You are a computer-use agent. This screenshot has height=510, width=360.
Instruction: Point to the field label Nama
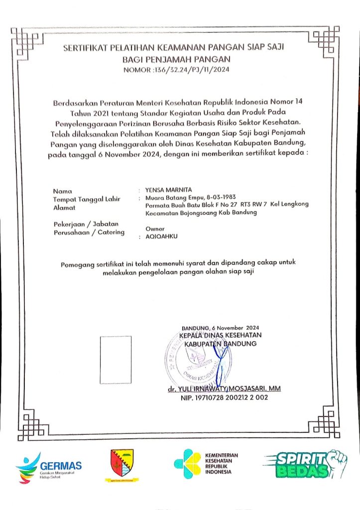click(62, 191)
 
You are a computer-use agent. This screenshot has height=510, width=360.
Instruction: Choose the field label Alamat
click(64, 207)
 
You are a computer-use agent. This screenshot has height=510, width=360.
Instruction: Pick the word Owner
click(154, 229)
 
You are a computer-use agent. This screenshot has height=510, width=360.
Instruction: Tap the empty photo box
click(116, 360)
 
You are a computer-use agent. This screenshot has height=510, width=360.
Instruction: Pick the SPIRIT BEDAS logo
click(304, 464)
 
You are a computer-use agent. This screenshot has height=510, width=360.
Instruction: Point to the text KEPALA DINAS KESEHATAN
click(220, 336)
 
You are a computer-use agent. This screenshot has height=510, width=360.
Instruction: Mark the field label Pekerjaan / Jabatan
click(85, 224)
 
